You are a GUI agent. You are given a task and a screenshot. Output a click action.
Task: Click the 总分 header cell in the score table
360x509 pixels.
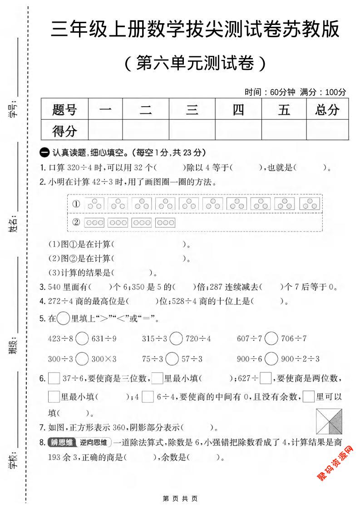pyautogui.click(x=327, y=110)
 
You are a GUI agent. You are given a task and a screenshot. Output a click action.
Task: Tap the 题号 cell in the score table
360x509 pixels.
pyautogui.click(x=64, y=110)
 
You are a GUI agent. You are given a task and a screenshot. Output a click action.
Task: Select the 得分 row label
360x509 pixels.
pyautogui.click(x=64, y=131)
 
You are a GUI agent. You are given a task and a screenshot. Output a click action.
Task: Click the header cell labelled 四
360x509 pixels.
pyautogui.click(x=238, y=110)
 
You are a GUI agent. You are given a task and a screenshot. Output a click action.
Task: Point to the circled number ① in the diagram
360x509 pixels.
pyautogui.click(x=76, y=204)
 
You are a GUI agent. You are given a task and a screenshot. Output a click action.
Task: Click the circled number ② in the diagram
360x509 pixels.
pyautogui.click(x=76, y=222)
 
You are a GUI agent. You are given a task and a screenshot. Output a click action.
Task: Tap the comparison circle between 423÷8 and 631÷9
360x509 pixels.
pyautogui.click(x=82, y=338)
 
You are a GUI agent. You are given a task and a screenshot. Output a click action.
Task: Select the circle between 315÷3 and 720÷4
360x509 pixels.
pyautogui.click(x=176, y=338)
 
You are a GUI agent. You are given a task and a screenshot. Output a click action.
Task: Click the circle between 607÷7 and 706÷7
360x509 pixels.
pyautogui.click(x=271, y=338)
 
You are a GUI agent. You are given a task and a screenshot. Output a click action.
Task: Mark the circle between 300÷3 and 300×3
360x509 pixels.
pyautogui.click(x=82, y=358)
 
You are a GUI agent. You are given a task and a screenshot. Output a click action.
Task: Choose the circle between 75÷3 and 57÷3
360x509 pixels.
pyautogui.click(x=172, y=358)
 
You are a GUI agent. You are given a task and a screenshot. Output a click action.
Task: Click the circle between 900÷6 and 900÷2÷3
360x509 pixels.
pyautogui.click(x=271, y=358)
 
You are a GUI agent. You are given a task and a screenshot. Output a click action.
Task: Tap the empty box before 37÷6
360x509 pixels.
pyautogui.click(x=54, y=378)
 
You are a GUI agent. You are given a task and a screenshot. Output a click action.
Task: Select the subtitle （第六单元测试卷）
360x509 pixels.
pyautogui.click(x=194, y=64)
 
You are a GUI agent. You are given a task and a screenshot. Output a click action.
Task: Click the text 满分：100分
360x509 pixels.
pyautogui.click(x=323, y=92)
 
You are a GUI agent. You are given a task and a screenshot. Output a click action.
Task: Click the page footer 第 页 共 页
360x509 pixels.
pyautogui.click(x=180, y=499)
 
